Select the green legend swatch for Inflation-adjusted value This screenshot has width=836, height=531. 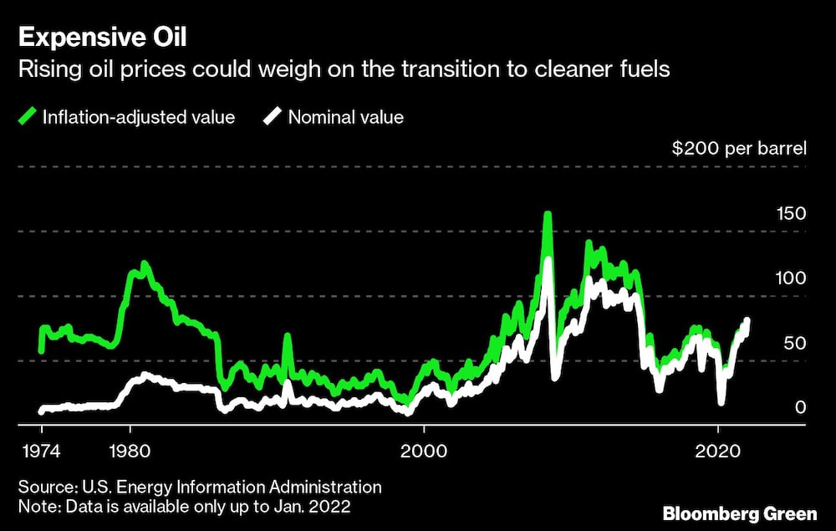[27, 117]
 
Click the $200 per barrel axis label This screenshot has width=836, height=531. [739, 150]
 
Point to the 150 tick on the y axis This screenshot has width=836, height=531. [789, 214]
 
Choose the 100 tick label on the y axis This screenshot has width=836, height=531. [789, 278]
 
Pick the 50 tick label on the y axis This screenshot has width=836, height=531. [794, 343]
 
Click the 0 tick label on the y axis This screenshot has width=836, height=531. [800, 407]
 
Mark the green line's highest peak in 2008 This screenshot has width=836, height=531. [548, 215]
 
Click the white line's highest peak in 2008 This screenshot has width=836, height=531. [548, 260]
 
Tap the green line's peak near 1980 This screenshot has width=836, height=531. [145, 264]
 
